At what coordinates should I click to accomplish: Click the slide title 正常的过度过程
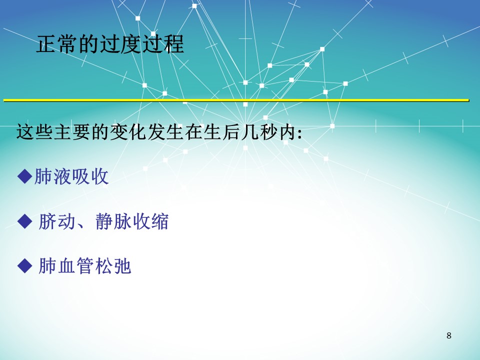(x=110, y=44)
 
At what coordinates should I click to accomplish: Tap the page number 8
(x=449, y=335)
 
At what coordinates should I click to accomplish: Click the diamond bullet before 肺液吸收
(x=25, y=176)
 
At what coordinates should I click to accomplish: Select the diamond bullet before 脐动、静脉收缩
(x=25, y=221)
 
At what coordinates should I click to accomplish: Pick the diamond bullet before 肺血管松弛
(x=25, y=265)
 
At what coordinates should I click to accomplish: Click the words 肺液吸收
(x=71, y=176)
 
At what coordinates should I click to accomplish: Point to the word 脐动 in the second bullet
(x=57, y=221)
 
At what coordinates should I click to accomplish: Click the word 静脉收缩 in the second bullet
(x=132, y=221)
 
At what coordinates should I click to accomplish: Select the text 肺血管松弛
(x=85, y=265)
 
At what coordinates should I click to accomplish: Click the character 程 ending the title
(x=174, y=44)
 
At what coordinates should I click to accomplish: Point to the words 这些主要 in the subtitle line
(x=53, y=132)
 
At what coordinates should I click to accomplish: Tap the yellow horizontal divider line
(x=236, y=100)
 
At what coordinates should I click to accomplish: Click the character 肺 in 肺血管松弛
(x=48, y=265)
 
